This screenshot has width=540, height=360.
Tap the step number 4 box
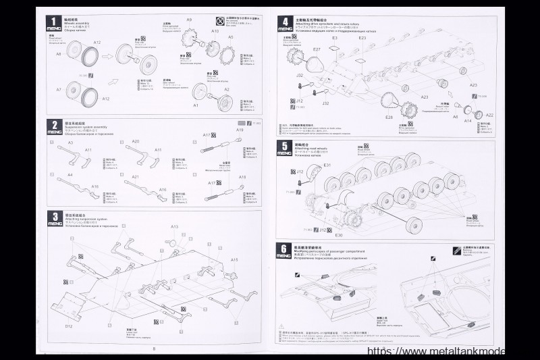point(286,22)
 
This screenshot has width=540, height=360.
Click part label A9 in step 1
point(189,21)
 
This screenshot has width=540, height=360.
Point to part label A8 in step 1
point(59,53)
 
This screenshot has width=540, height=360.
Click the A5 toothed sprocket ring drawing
point(229,50)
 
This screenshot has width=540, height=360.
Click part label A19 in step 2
point(240,130)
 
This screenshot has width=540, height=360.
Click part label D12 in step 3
point(69,326)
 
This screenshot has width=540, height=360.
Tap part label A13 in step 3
point(174,226)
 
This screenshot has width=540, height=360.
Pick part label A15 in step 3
point(235,259)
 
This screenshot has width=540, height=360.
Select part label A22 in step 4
point(490,115)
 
